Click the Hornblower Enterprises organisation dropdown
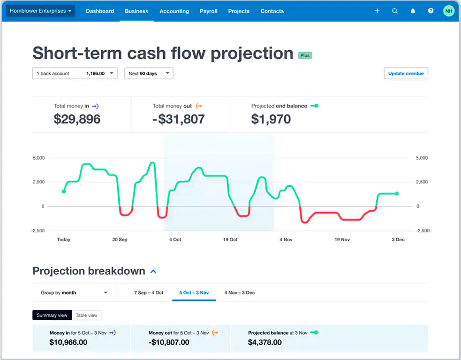(40, 11)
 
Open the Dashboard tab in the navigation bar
(100, 11)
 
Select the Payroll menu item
(208, 11)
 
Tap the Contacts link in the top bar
(272, 11)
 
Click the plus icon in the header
(377, 11)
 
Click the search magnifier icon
(395, 11)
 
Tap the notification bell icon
(413, 11)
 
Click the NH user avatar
(449, 11)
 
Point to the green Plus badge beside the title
(305, 55)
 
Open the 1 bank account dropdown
(75, 74)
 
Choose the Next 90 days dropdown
(149, 74)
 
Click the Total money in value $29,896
(77, 119)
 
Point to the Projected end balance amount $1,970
(271, 119)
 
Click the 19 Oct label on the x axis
(230, 239)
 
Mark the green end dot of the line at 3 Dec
(397, 193)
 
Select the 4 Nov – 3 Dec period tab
(239, 293)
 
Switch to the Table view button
(87, 315)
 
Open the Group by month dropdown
(74, 293)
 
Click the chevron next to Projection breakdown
(153, 271)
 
